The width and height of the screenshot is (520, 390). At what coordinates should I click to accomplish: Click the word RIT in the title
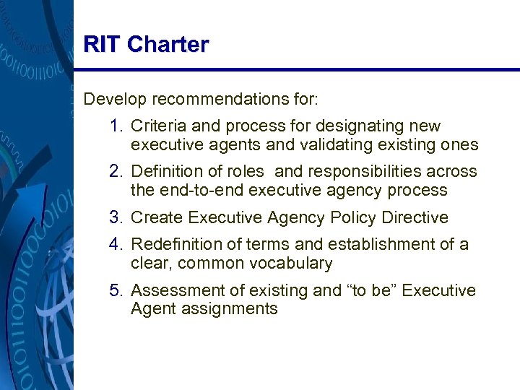click(102, 45)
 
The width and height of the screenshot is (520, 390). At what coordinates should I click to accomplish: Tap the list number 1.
click(118, 126)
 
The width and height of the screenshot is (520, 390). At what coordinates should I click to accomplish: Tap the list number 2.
click(118, 172)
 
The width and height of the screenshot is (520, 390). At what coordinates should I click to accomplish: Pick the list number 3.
click(118, 217)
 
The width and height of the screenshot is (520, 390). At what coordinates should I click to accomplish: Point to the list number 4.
click(118, 245)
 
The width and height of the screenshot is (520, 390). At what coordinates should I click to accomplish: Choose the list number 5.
click(118, 290)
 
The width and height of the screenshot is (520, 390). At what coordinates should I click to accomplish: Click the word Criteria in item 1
click(155, 126)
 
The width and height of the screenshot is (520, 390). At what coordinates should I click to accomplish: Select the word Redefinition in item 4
click(174, 245)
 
